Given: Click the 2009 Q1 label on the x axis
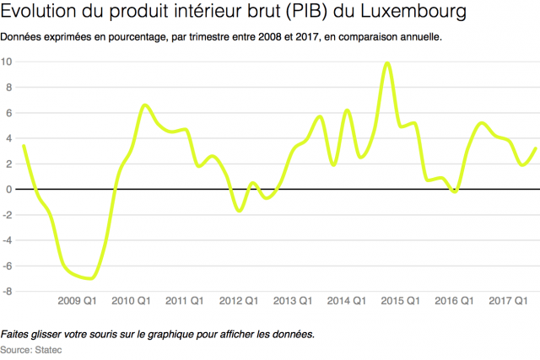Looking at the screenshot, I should (78, 301).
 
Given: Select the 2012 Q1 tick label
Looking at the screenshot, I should (240, 301).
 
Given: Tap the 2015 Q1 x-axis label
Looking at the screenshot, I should (401, 301).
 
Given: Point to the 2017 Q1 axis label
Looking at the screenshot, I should (509, 301).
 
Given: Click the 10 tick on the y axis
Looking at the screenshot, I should (7, 62).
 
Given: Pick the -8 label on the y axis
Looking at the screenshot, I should (7, 292).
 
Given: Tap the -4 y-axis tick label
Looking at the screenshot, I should (7, 240).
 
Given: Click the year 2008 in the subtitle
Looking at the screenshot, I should (272, 39).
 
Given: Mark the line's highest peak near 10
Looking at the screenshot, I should (386, 62).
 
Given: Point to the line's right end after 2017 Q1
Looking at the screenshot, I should (536, 148).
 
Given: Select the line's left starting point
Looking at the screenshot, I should (23, 145).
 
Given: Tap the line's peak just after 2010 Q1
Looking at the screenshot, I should (144, 105).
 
